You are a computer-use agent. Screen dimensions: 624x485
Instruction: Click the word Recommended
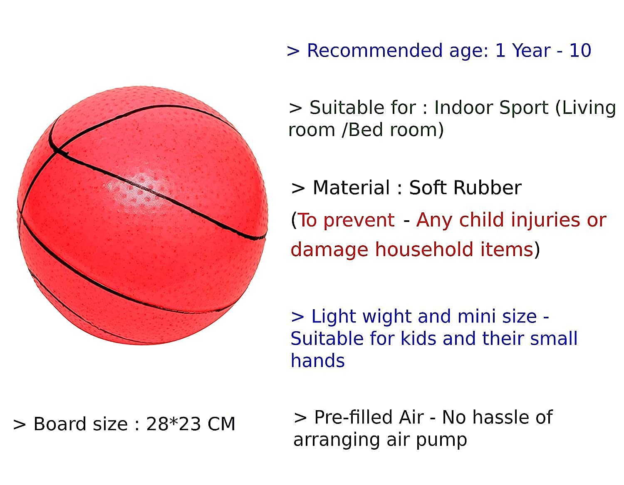374,50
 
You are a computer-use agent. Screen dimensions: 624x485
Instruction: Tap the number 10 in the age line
580,50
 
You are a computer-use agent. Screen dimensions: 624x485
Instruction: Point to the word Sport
524,108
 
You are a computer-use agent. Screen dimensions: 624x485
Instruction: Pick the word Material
351,187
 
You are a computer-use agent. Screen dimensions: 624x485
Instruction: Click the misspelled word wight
386,317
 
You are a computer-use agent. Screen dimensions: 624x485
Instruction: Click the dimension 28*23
173,424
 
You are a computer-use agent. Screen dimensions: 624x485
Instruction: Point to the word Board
60,424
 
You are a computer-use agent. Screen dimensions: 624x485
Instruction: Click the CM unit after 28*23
221,424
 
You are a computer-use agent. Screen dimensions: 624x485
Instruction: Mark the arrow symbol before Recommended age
293,52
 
